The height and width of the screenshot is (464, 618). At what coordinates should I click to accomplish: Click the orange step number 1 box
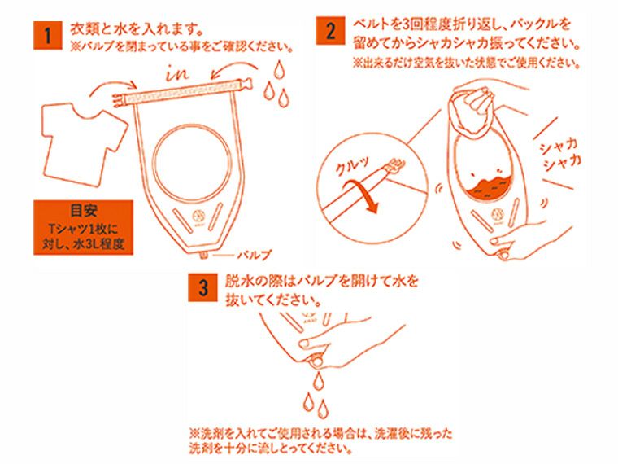pos(48,37)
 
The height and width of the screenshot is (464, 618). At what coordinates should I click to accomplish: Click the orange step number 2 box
pos(330,33)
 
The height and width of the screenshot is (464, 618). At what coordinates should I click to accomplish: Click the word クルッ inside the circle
pos(352,168)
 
